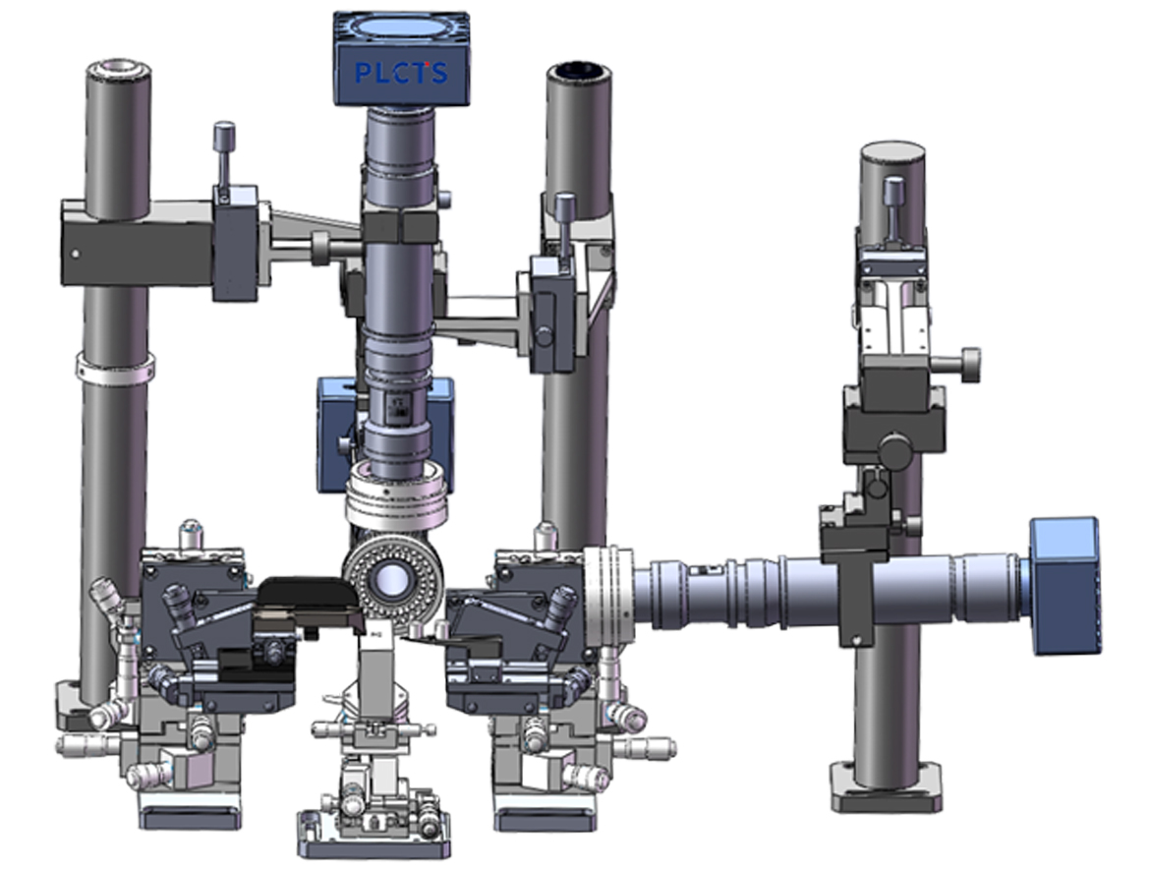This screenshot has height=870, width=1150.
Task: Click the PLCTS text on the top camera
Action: [x=400, y=73]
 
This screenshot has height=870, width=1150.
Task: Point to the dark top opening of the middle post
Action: [x=578, y=71]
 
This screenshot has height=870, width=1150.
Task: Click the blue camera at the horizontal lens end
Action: [x=1064, y=585]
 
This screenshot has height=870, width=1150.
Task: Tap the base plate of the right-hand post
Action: [x=886, y=787]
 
